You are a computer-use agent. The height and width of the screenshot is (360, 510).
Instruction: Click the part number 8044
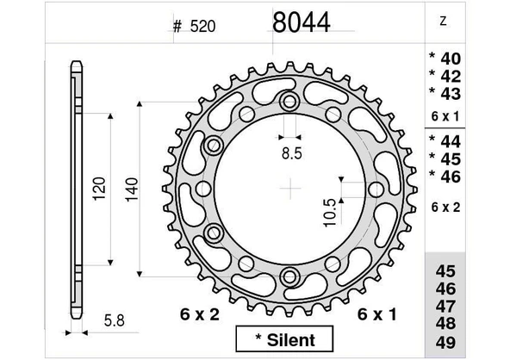coord(301,22)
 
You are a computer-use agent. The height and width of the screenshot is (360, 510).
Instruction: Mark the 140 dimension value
coord(131,188)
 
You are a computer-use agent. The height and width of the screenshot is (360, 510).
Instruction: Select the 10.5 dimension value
coord(331,211)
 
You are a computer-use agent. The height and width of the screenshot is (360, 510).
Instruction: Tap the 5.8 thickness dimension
coord(111,321)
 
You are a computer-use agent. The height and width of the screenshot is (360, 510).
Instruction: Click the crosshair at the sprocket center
coord(292,188)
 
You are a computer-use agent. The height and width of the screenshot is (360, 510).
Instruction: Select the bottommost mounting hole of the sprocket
coord(292,276)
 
